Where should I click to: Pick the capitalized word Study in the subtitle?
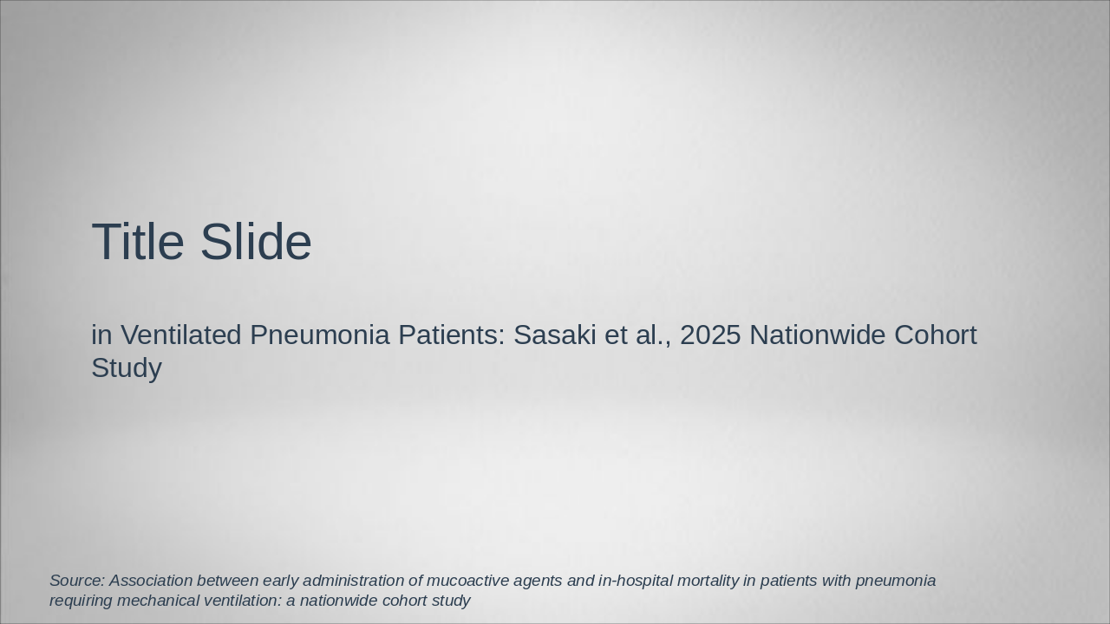127,367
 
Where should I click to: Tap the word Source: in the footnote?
77,581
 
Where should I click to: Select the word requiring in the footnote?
81,601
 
